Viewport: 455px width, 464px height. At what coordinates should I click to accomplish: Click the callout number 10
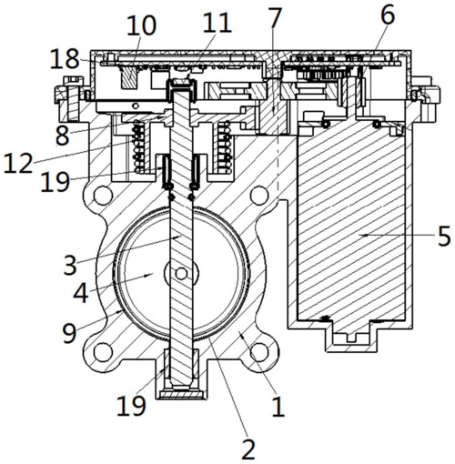pyautogui.click(x=141, y=25)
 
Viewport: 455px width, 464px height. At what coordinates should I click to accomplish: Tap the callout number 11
pyautogui.click(x=217, y=23)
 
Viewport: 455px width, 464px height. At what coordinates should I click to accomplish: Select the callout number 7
pyautogui.click(x=275, y=18)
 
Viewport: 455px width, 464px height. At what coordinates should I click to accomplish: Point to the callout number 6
pyautogui.click(x=388, y=15)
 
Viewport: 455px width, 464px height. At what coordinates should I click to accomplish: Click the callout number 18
pyautogui.click(x=65, y=59)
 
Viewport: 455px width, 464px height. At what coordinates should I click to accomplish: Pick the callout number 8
pyautogui.click(x=63, y=136)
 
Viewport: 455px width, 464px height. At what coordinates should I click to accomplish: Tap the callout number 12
pyautogui.click(x=18, y=163)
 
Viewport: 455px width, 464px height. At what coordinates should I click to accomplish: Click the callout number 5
pyautogui.click(x=444, y=236)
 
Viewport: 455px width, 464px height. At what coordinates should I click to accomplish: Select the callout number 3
pyautogui.click(x=70, y=265)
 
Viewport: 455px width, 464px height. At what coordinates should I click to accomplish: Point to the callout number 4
pyautogui.click(x=81, y=293)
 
